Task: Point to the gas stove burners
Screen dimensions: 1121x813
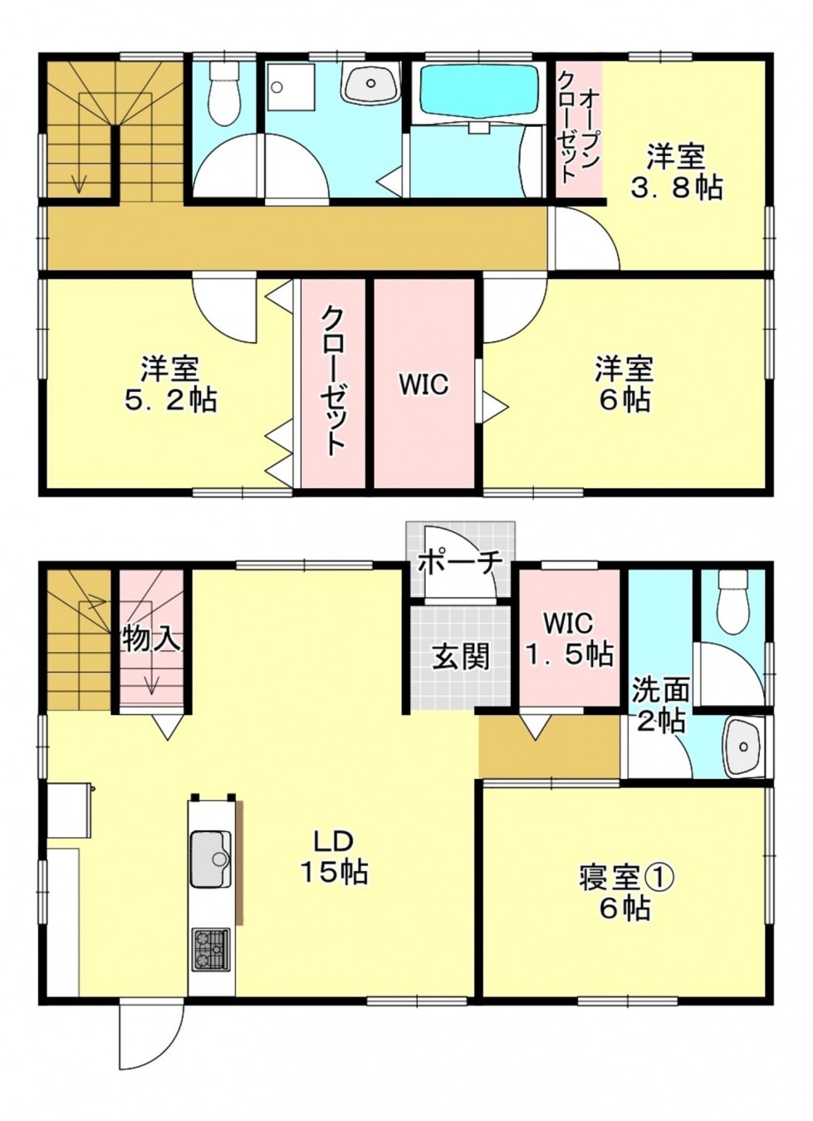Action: [x=211, y=949]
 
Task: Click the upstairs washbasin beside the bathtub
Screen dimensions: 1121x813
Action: [x=371, y=83]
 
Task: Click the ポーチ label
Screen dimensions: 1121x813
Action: [x=460, y=561]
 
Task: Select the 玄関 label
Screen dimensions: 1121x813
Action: [x=460, y=657]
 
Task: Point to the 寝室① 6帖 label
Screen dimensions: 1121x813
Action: [x=624, y=892]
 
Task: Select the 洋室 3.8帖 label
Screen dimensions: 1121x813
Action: [x=676, y=170]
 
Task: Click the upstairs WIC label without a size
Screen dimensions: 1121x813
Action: [x=424, y=384]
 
